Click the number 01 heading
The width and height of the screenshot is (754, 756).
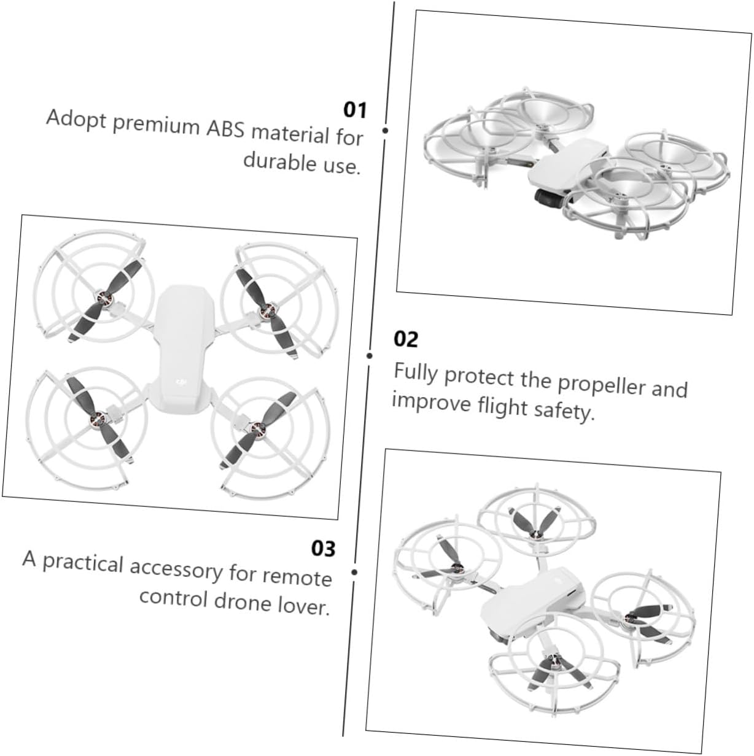(355, 110)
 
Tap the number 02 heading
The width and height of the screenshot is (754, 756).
(406, 339)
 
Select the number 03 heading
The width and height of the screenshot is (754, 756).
(323, 549)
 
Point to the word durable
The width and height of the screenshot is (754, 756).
(281, 161)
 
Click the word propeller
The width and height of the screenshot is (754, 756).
(602, 385)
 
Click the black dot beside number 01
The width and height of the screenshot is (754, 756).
(385, 130)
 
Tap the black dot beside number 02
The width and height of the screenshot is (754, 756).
(369, 356)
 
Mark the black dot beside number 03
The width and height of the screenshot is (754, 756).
(354, 572)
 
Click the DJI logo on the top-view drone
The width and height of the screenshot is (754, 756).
(181, 382)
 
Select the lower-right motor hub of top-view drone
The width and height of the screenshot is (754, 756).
(257, 427)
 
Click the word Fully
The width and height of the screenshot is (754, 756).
(416, 372)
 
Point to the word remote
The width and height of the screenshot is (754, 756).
(297, 576)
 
